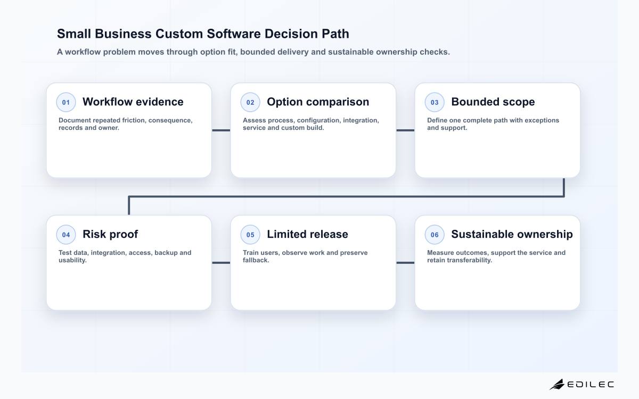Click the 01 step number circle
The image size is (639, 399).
pos(66,102)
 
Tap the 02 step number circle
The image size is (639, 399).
pos(250,102)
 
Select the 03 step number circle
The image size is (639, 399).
pos(435,102)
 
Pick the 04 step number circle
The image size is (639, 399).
pos(66,235)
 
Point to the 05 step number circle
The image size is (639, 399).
pos(250,235)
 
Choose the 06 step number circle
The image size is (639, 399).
pos(435,235)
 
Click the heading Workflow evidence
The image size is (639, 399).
pos(133,102)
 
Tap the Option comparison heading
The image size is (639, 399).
pos(318,102)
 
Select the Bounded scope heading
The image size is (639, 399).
pos(493,102)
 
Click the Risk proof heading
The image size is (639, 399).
pos(110,235)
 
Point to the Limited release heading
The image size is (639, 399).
pos(308,234)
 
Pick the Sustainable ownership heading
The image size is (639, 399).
pos(512,235)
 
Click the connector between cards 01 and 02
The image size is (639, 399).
pos(221,130)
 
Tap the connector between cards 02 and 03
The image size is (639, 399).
pos(405,130)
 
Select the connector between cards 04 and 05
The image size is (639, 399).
pos(221,263)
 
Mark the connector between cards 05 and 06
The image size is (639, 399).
pos(405,263)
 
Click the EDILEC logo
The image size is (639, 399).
pos(582,385)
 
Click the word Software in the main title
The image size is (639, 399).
pos(234,34)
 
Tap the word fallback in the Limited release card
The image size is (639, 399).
pos(256,260)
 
